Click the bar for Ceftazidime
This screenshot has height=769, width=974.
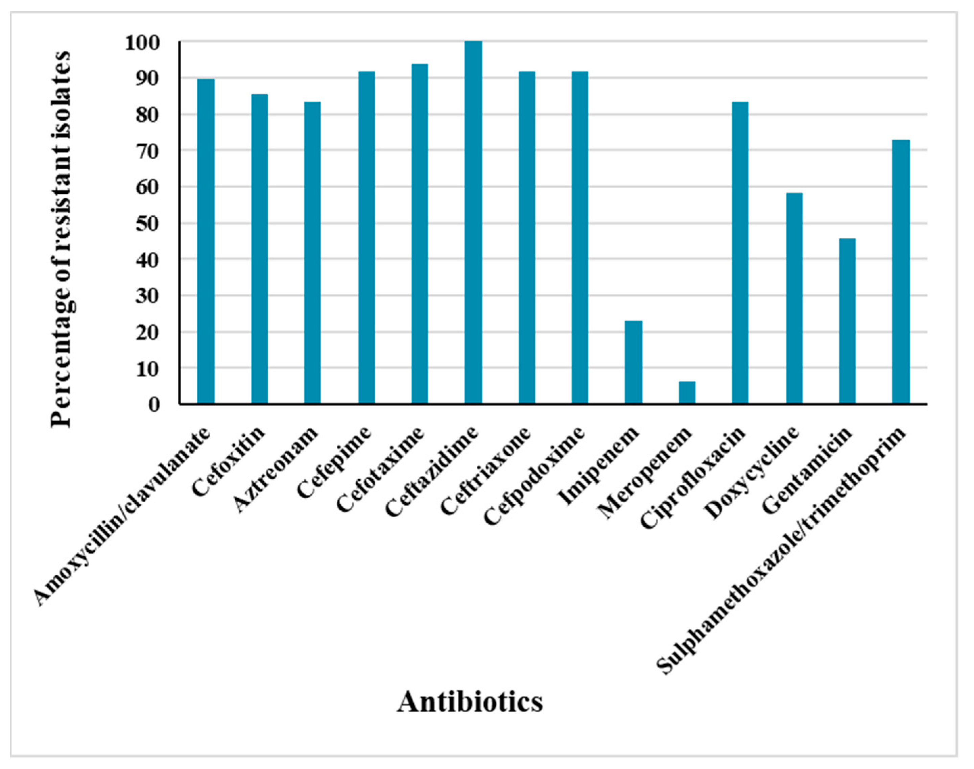[x=473, y=222]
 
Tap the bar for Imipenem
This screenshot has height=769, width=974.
[x=633, y=362]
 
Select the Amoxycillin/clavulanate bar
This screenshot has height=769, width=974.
[x=206, y=241]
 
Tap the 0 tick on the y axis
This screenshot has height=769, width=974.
[x=154, y=405]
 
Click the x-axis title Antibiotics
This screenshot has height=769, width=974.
[x=470, y=701]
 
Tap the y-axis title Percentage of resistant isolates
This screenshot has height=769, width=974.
[x=61, y=239]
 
